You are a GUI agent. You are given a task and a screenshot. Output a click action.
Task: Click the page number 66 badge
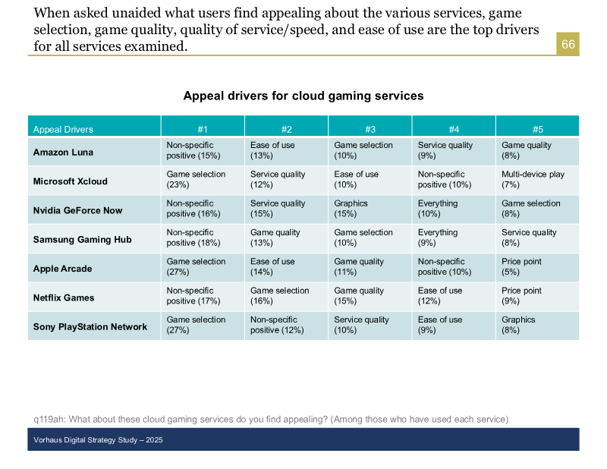point(568,45)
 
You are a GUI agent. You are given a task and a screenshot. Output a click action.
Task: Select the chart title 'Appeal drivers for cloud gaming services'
point(303,96)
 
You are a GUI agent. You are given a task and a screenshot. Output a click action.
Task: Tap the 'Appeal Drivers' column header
point(63,129)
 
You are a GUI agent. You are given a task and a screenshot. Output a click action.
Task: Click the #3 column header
point(370,129)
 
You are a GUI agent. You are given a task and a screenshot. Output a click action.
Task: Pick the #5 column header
point(537,129)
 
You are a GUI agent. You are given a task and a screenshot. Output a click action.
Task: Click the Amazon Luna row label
point(63,152)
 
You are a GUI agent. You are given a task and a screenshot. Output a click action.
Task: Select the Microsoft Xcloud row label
point(71,181)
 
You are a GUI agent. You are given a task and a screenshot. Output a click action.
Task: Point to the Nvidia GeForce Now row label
point(77,210)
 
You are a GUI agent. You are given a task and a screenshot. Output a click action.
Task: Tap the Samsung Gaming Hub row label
point(82,239)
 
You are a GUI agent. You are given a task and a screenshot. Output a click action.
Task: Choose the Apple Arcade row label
point(62,269)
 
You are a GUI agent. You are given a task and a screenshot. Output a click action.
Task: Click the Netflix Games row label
point(64,297)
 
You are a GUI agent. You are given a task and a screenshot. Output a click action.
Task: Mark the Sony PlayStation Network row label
point(90,326)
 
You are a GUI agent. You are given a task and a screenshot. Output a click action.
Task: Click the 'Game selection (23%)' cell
point(196,180)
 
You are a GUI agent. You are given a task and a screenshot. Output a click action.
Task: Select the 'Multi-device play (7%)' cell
point(533,180)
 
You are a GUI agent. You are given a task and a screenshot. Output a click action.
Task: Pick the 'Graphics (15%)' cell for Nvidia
point(351,209)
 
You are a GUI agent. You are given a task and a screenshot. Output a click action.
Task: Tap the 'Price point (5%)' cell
point(521,267)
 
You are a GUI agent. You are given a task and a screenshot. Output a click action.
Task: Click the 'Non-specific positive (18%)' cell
point(193,238)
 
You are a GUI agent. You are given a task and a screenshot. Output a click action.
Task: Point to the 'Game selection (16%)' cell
point(279,296)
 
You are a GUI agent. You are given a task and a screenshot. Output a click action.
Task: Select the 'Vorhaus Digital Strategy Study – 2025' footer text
point(98,440)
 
